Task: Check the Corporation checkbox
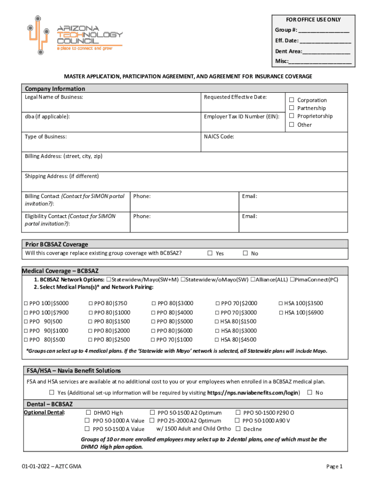tap(291, 100)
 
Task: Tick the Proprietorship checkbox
tap(291, 116)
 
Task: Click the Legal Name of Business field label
tap(54, 97)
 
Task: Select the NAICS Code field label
tap(219, 136)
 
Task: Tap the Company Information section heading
tap(55, 88)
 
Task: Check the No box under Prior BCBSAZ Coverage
tap(245, 253)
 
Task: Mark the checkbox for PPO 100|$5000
tap(26, 303)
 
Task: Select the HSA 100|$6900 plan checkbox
tap(281, 312)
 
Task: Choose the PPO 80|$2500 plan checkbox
tap(91, 340)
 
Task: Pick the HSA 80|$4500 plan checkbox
tap(217, 340)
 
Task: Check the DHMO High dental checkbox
tap(88, 412)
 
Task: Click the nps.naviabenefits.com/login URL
tap(253, 393)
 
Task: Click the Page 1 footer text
tap(334, 466)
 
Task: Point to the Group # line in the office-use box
tap(312, 30)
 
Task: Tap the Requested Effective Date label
tap(235, 97)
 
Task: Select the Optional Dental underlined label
tap(45, 412)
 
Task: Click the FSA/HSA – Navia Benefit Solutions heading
tap(74, 370)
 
